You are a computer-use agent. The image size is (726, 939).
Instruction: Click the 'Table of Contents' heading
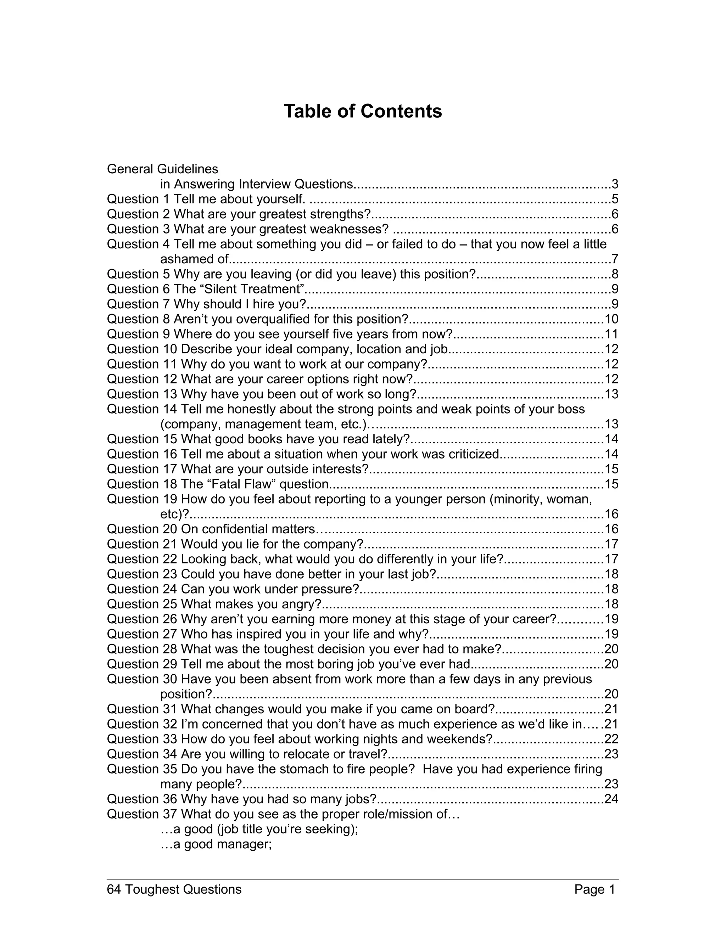[x=363, y=111]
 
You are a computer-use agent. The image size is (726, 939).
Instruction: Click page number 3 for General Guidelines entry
[x=615, y=185]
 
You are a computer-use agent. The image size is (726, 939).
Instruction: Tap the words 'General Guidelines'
[x=163, y=169]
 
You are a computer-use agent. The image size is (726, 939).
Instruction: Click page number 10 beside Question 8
[x=611, y=319]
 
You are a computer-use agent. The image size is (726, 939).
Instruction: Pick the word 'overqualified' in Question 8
[x=279, y=319]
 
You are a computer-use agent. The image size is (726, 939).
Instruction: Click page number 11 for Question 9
[x=611, y=334]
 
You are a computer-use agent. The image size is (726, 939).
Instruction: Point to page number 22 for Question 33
[x=611, y=739]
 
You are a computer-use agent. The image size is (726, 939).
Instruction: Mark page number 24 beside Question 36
[x=611, y=799]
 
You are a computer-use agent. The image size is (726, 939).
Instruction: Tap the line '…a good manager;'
[x=216, y=844]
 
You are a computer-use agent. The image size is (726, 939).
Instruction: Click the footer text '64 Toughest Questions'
[x=174, y=889]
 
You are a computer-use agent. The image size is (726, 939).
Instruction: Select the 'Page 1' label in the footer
[x=594, y=889]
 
